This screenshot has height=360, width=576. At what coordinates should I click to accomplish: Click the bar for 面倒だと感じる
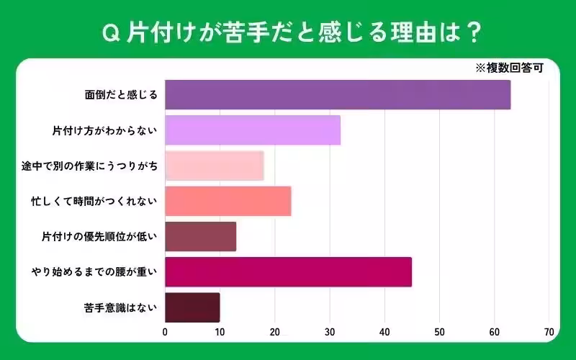[x=338, y=95]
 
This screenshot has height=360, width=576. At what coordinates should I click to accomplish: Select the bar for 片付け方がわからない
[x=253, y=130]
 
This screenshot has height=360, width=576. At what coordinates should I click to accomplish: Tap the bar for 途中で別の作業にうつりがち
[x=215, y=166]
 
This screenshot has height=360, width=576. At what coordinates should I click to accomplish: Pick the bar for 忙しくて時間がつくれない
[x=228, y=201]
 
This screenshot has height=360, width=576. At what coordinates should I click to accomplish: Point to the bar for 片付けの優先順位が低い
[x=201, y=236]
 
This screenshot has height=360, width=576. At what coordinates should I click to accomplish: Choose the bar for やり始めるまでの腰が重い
[x=288, y=272]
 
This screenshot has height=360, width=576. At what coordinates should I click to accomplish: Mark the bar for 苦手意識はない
[x=192, y=307]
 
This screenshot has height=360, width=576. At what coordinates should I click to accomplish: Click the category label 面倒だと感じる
[x=121, y=95]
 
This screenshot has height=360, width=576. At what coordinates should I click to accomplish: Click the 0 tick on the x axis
[x=165, y=332]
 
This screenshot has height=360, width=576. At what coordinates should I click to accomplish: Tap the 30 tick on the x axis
[x=330, y=332]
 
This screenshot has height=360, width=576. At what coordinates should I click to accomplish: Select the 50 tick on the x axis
[x=439, y=332]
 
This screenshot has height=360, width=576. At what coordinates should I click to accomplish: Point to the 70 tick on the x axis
[x=549, y=332]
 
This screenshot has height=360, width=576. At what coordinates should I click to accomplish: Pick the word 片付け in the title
[x=152, y=32]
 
